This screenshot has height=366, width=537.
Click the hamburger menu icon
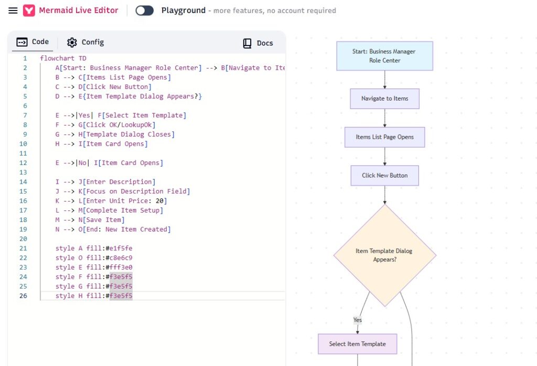pyautogui.click(x=13, y=10)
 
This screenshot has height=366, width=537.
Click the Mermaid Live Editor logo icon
pyautogui.click(x=29, y=10)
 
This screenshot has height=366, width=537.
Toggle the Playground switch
pyautogui.click(x=145, y=10)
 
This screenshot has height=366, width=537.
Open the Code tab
pyautogui.click(x=33, y=42)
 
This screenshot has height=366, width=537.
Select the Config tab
pyautogui.click(x=85, y=42)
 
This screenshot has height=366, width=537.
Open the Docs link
pyautogui.click(x=258, y=43)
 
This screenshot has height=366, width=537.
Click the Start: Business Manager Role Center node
pyautogui.click(x=384, y=56)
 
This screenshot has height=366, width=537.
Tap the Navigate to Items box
pyautogui.click(x=384, y=98)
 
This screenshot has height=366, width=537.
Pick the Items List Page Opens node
pyautogui.click(x=384, y=137)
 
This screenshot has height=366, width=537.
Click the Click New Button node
pyautogui.click(x=384, y=175)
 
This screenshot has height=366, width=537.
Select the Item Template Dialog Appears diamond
pyautogui.click(x=384, y=255)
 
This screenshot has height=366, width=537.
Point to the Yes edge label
pyautogui.click(x=358, y=320)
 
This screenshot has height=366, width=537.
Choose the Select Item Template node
pyautogui.click(x=358, y=344)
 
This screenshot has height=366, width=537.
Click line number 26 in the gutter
pyautogui.click(x=23, y=295)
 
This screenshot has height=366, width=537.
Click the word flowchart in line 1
pyautogui.click(x=57, y=58)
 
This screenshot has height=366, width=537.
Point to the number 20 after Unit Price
pyautogui.click(x=159, y=201)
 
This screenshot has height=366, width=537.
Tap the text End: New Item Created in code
pyautogui.click(x=126, y=229)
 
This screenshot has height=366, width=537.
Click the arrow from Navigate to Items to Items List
pyautogui.click(x=384, y=118)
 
